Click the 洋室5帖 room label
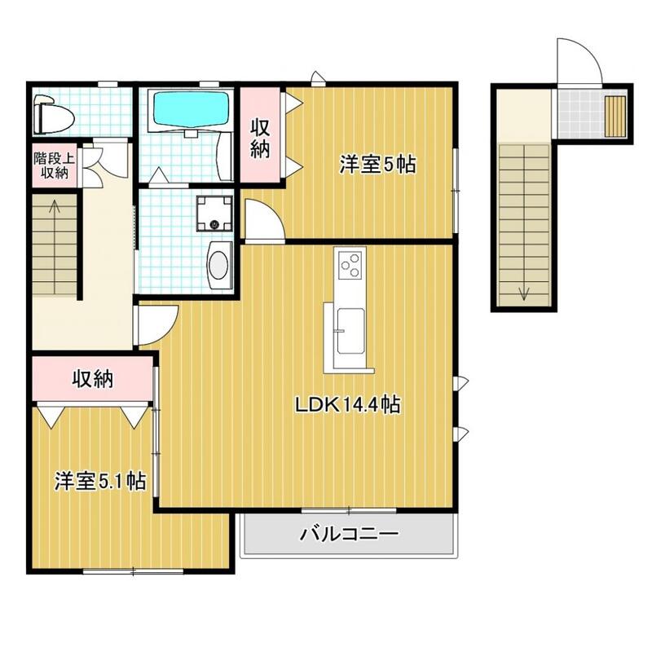tap(377, 165)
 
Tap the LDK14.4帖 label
tap(348, 404)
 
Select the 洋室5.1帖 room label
tap(100, 481)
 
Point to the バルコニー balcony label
tap(350, 533)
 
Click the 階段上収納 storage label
tap(54, 165)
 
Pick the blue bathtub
tap(192, 108)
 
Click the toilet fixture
tap(54, 114)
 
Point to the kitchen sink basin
tap(351, 331)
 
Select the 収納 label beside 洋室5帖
tap(260, 139)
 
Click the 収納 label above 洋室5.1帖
tap(93, 378)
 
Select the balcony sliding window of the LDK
tap(349, 510)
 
